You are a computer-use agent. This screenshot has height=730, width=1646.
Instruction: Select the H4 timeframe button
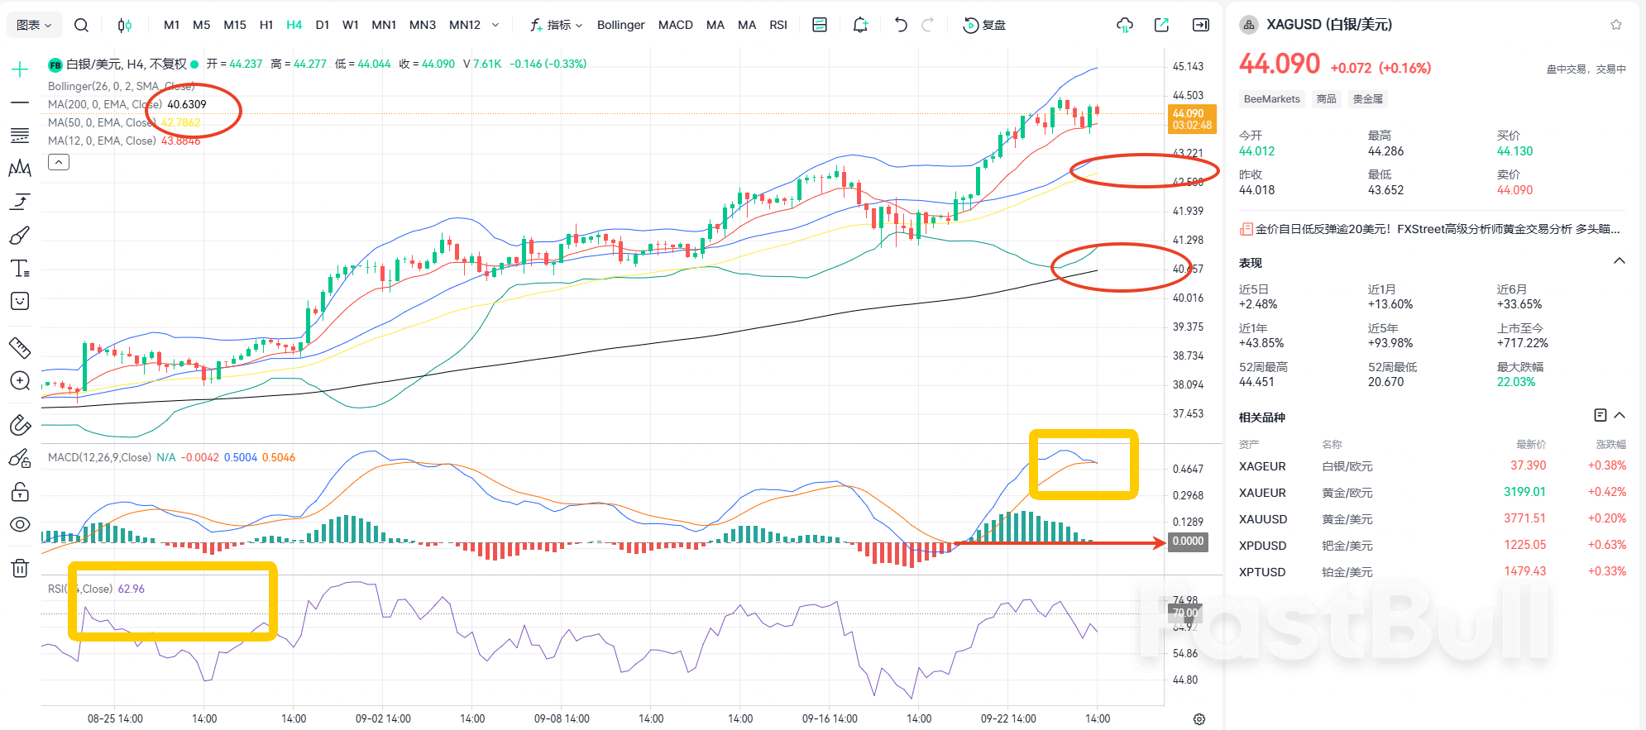pos(294,25)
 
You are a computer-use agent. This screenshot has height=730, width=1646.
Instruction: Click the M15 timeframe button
pos(235,25)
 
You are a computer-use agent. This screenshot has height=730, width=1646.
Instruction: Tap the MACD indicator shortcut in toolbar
pos(675,25)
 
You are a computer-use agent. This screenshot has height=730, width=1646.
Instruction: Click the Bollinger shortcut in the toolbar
pos(620,25)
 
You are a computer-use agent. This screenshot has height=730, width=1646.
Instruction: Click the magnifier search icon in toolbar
pos(81,25)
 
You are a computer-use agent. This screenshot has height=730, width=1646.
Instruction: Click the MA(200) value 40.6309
pos(187,104)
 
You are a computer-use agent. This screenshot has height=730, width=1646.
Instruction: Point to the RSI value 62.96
pos(131,589)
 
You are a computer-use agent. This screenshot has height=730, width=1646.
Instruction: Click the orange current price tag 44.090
pos(1191,119)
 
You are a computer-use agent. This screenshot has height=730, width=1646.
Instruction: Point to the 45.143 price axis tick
pos(1188,66)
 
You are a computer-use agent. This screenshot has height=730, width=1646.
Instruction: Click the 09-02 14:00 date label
pos(383,718)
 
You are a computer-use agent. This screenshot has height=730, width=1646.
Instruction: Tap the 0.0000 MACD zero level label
pos(1188,542)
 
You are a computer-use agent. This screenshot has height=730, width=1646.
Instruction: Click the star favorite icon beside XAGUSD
pos(1615,25)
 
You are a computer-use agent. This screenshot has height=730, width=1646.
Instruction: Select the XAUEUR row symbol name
pos(1262,493)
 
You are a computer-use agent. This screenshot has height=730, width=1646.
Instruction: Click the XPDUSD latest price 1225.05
pos(1524,545)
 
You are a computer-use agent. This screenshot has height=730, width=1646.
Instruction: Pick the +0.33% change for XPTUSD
pos(1606,571)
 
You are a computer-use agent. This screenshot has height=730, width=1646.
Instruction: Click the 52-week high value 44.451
pos(1256,382)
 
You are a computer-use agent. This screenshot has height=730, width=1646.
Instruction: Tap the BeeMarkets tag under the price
pos(1271,99)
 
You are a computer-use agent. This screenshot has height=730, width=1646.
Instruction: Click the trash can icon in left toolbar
pos(20,568)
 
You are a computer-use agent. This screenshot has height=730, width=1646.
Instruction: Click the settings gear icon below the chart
pos(1199,719)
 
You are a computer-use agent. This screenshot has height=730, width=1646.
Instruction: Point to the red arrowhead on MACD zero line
pos(1160,543)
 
